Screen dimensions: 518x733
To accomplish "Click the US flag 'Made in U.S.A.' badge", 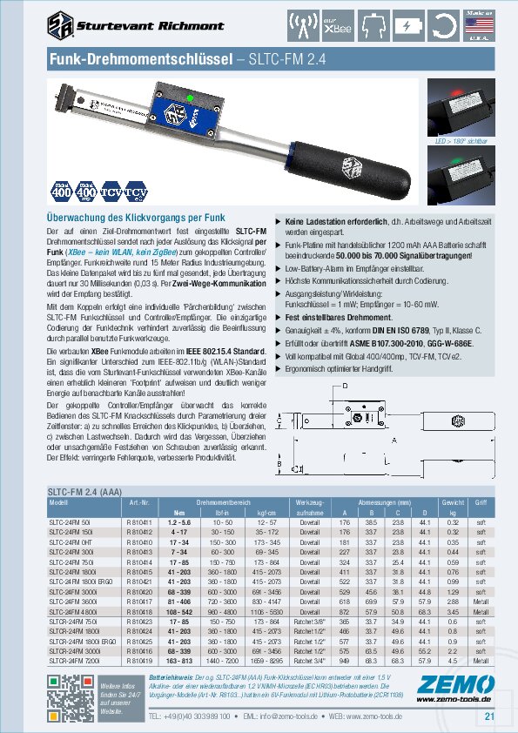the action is (497, 25).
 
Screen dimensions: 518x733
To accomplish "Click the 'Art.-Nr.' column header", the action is (139, 503).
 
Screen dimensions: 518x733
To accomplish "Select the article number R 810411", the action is (139, 521).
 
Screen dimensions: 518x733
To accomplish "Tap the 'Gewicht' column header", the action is (451, 503).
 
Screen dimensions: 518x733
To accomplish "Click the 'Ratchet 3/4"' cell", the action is (310, 661).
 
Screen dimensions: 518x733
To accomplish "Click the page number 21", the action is (489, 716).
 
